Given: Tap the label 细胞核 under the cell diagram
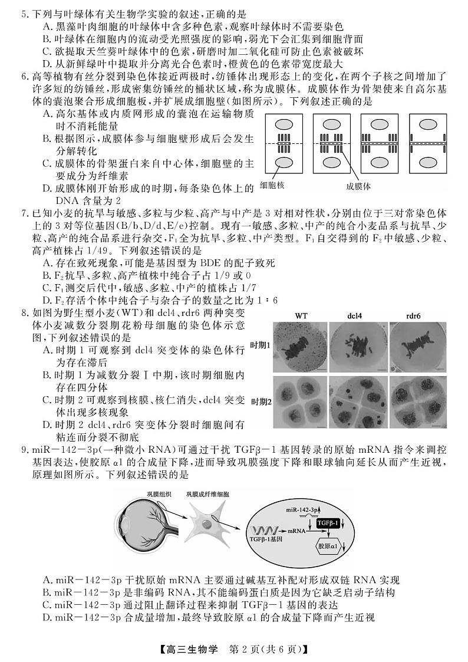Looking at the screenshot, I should coord(273,186).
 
